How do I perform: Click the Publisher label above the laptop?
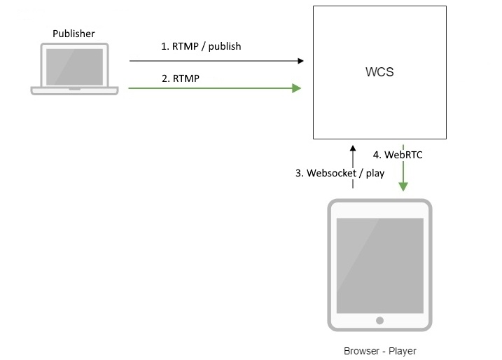tap(74, 34)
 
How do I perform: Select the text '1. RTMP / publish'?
tap(201, 46)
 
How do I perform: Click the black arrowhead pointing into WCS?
tap(300, 61)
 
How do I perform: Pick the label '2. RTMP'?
tap(181, 78)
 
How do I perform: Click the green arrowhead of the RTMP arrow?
tap(297, 88)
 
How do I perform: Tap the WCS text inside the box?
tap(379, 73)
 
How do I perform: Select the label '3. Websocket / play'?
tap(340, 173)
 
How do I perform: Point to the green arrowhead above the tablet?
tap(403, 186)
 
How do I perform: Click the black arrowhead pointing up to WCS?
tap(353, 149)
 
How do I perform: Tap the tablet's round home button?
tap(379, 320)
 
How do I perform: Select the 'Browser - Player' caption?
tap(380, 351)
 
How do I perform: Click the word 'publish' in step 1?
tap(225, 47)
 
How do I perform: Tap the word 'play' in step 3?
tap(375, 174)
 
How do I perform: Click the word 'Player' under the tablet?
tap(403, 351)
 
